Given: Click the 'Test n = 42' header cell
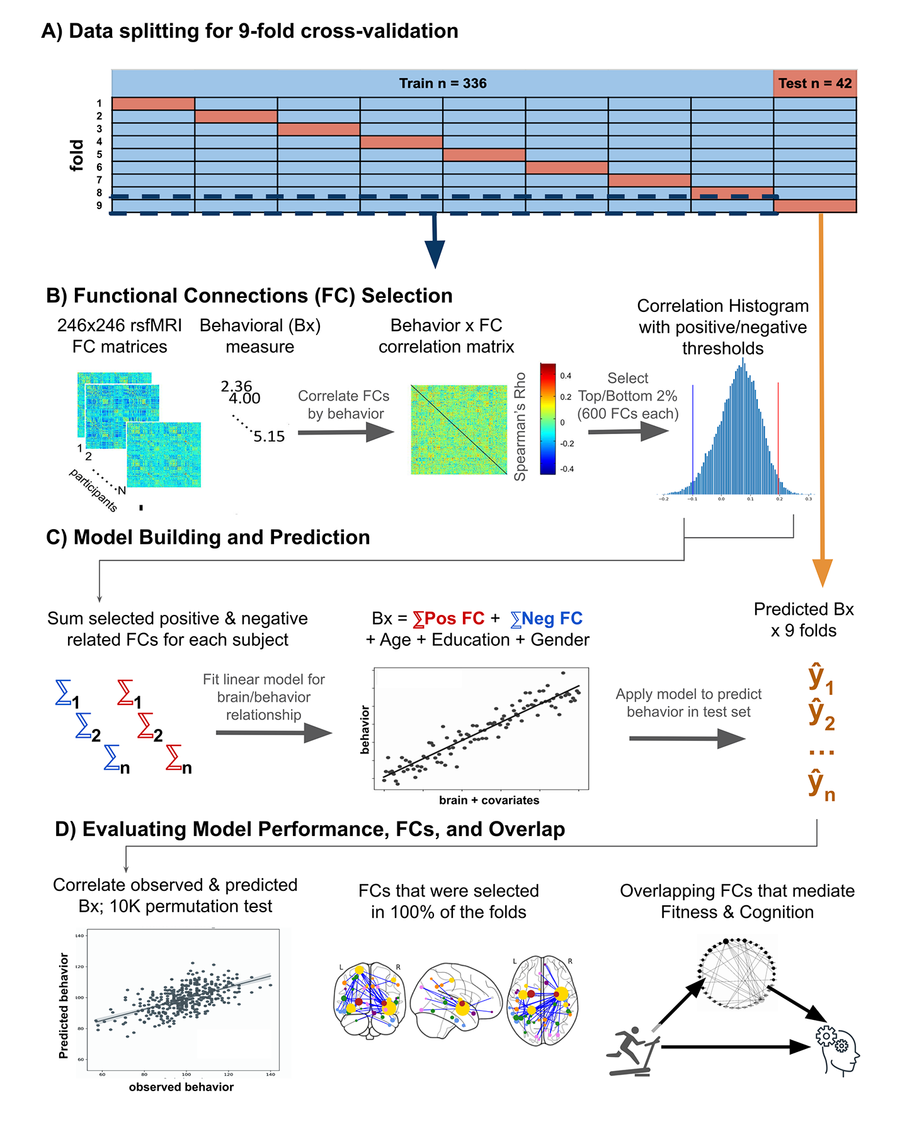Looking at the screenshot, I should [814, 83].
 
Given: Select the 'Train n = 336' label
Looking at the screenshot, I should [443, 83].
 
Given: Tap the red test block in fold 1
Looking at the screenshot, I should [153, 104].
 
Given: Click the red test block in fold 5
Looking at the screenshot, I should [484, 155].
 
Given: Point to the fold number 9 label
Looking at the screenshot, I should [100, 206].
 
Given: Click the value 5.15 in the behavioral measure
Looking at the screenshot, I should [269, 437].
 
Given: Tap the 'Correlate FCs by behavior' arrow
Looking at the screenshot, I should [345, 432].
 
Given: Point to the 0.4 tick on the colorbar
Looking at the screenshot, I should [566, 376].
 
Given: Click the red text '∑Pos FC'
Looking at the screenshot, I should [448, 619].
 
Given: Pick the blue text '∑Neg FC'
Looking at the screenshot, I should [546, 619].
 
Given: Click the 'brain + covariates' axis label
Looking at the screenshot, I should [489, 800].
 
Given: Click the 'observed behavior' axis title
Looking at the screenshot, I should [181, 1087].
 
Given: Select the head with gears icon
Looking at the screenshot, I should [838, 1049].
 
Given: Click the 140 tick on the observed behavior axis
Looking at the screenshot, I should [270, 1074].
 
